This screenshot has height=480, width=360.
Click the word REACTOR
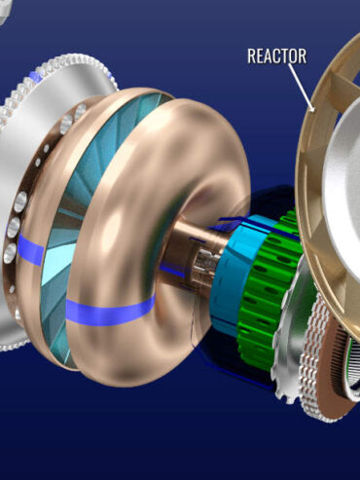point(277,55)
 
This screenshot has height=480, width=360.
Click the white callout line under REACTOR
point(302,87)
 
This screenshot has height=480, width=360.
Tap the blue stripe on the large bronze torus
point(110,311)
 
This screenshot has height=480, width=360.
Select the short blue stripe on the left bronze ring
point(30,249)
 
